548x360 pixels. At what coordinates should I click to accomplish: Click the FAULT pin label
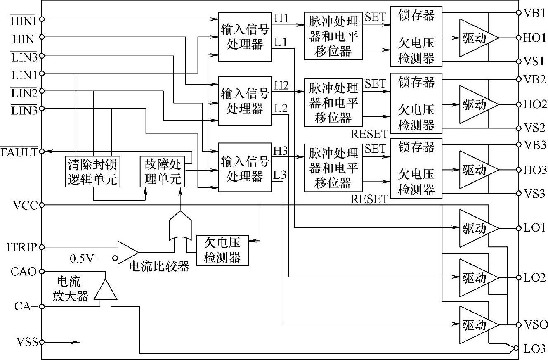coord(19,152)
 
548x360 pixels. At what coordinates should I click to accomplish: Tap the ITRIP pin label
coord(22,247)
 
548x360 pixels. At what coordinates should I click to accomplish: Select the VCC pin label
coord(26,205)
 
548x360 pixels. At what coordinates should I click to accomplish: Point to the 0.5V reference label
coord(82,258)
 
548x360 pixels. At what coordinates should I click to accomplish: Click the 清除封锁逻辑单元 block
coord(92,172)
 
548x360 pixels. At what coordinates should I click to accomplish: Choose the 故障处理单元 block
coord(163,172)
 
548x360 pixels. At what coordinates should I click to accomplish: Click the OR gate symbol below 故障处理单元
coord(180,226)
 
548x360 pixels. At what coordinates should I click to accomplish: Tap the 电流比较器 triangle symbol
coord(128,253)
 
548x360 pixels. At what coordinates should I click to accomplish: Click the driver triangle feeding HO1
coord(479,38)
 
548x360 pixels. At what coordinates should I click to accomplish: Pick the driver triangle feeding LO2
coord(479,278)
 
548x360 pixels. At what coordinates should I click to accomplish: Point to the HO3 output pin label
coord(535,170)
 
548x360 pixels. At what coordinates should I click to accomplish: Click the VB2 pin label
coord(534,79)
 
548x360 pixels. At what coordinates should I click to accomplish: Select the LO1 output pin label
coord(534,228)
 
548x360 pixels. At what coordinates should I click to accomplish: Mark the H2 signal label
coord(281,85)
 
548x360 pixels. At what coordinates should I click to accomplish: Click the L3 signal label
coord(280,175)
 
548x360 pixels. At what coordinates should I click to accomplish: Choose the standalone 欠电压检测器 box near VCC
coord(223,250)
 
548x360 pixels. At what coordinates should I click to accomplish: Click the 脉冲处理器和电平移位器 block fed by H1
coord(333,36)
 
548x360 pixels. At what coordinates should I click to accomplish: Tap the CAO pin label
coord(24,271)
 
